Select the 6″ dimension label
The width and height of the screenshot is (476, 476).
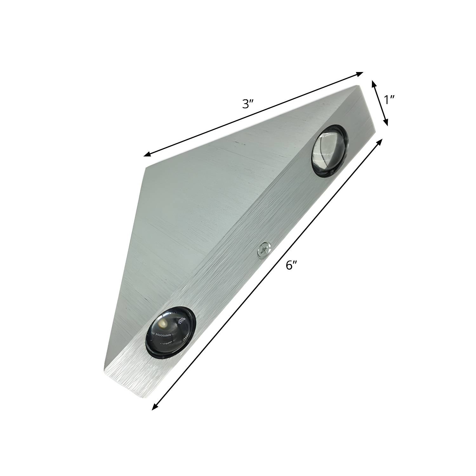tap(291, 265)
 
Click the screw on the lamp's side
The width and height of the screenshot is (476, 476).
tap(265, 250)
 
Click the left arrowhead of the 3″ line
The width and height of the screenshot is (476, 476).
tap(148, 154)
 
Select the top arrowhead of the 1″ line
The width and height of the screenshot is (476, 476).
tap(374, 84)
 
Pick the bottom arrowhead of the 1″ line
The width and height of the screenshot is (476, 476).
tap(386, 122)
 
